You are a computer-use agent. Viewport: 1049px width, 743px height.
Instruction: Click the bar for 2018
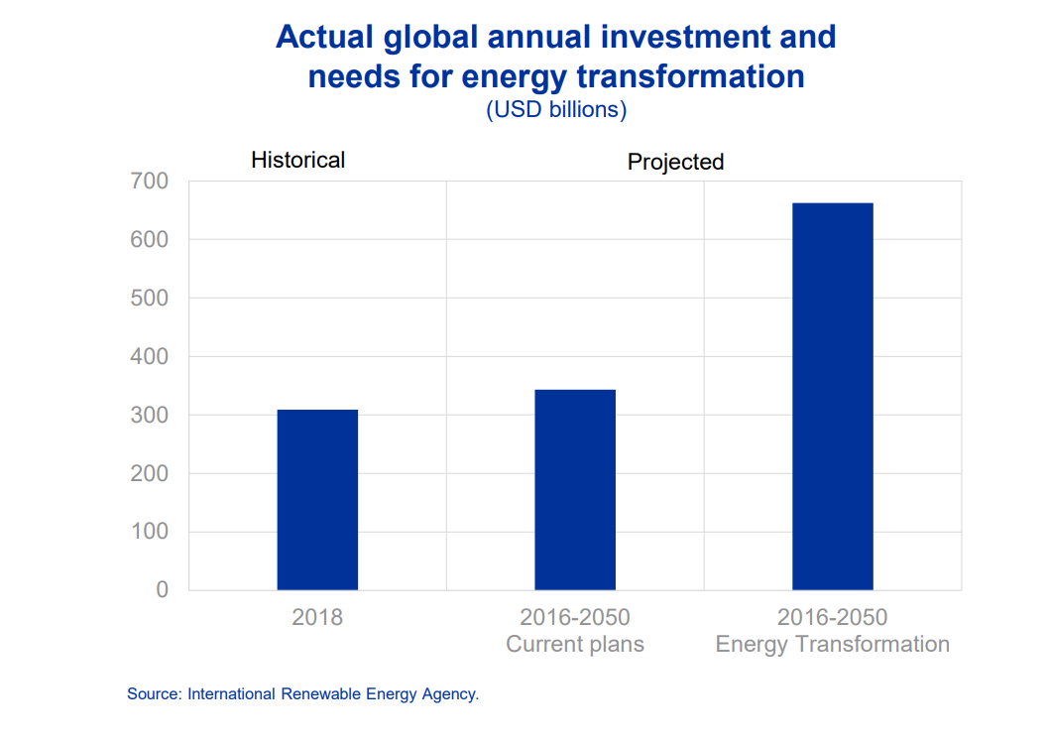317,499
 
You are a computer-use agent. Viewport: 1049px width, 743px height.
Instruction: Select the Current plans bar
575,489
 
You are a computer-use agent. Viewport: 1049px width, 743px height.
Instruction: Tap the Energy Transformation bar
832,396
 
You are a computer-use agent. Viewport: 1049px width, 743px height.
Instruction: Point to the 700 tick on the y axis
149,181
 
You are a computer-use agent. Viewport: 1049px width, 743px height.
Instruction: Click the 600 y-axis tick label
149,240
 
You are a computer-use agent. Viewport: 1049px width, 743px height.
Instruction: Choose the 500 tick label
149,298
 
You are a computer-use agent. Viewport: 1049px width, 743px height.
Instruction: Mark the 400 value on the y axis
149,356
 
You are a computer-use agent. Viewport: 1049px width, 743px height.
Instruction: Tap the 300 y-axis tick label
149,415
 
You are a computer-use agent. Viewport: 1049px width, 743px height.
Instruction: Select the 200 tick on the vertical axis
149,473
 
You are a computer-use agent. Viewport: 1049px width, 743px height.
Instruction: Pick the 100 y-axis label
149,532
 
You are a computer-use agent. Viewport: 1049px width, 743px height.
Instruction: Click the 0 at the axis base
162,589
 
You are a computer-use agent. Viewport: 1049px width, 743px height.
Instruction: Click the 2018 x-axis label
317,617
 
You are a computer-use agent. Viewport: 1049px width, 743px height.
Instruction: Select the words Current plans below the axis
575,644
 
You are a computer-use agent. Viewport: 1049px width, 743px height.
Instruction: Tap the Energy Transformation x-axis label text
832,644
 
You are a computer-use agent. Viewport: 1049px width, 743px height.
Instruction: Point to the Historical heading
297,160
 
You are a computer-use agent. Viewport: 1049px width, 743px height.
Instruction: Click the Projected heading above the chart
675,162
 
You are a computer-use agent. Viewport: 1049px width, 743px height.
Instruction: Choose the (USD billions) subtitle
556,110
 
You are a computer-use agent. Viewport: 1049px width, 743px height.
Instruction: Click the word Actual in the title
324,37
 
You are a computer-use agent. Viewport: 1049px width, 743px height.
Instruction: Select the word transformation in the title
690,76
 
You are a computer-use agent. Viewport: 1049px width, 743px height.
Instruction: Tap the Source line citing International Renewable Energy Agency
303,694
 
